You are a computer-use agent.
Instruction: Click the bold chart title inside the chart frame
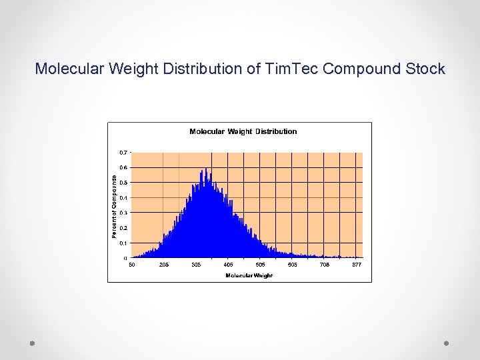point(243,131)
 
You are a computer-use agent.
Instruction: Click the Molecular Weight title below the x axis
point(249,275)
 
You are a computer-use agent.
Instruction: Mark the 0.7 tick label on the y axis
point(124,152)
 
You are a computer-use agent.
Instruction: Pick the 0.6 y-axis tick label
point(124,167)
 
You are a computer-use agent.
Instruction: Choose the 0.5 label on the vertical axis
point(124,183)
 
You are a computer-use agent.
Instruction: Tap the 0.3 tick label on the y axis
point(124,213)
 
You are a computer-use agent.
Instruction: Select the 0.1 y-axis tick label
point(124,243)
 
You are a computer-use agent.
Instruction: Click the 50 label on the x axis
point(132,265)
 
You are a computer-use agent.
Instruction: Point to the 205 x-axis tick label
point(164,265)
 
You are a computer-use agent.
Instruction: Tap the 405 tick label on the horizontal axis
point(228,265)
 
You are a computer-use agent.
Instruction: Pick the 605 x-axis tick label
point(292,265)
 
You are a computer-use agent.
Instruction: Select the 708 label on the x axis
point(324,265)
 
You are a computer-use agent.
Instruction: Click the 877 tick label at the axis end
point(357,265)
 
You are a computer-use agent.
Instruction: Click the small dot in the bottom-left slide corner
point(32,343)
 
